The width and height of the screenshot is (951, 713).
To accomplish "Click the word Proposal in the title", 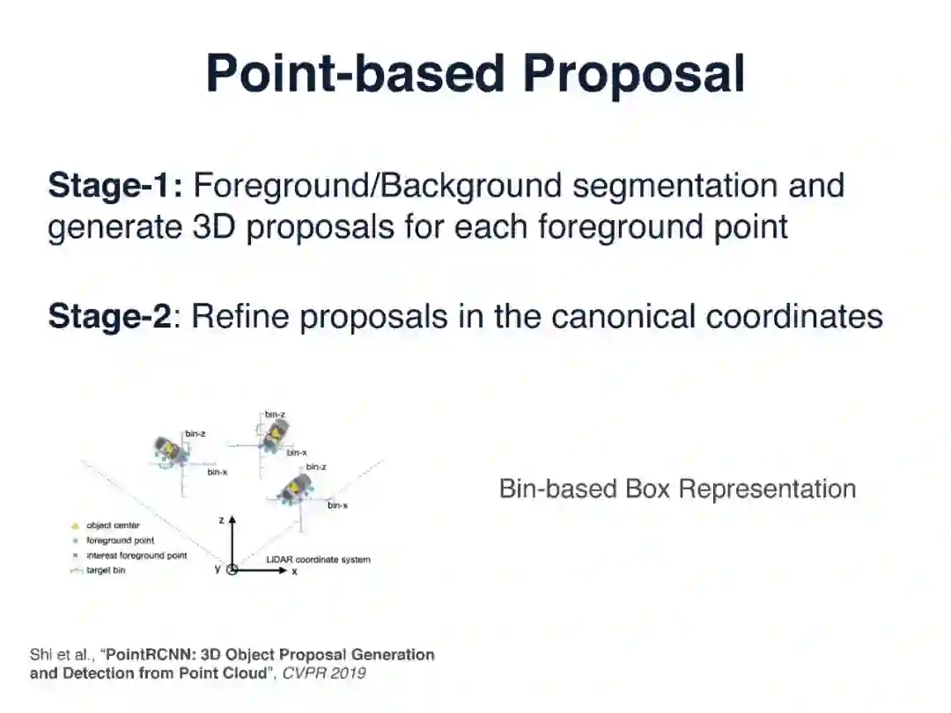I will tap(633, 74).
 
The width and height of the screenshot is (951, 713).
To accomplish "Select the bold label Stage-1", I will tap(114, 187).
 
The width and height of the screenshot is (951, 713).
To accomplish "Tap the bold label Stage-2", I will tap(109, 316).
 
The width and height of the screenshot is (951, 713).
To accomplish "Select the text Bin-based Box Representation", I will tap(677, 489).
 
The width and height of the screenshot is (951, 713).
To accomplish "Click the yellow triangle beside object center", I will tap(76, 526).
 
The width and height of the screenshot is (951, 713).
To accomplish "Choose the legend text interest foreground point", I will tap(136, 556).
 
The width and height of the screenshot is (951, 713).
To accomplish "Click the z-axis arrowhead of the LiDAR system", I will tap(232, 522).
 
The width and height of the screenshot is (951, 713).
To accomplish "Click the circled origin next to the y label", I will tap(232, 570).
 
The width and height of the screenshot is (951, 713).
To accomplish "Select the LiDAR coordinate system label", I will tap(318, 560).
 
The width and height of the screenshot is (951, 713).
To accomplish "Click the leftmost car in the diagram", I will tap(166, 452).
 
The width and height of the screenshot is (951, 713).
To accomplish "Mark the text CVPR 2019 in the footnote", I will tap(323, 673).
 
